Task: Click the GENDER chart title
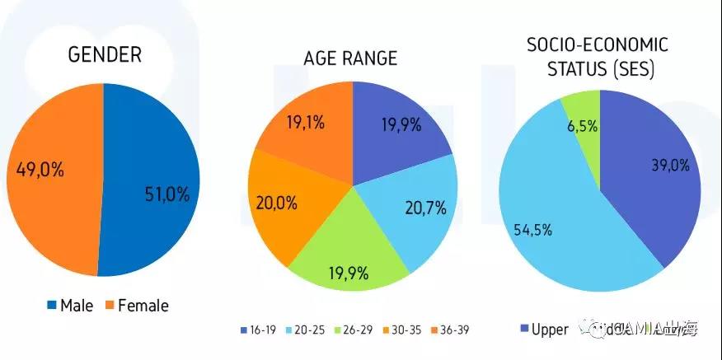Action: (x=104, y=55)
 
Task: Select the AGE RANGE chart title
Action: (x=350, y=58)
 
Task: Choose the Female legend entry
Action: (x=136, y=306)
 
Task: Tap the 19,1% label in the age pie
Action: (x=306, y=124)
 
